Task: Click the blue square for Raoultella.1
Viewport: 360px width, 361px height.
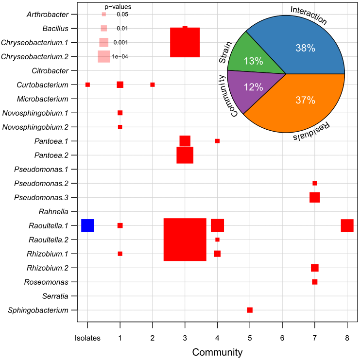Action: tap(87, 225)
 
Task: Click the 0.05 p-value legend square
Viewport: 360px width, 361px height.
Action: tap(103, 15)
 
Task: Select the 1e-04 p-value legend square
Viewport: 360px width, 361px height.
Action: tap(103, 56)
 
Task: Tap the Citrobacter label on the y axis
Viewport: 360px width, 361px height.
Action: tap(50, 70)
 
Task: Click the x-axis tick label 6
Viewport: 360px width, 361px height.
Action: tap(282, 337)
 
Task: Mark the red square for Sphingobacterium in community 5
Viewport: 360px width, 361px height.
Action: tap(250, 310)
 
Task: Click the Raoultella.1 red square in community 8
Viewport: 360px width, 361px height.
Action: tap(347, 225)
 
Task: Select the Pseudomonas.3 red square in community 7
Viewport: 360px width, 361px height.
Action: tap(315, 197)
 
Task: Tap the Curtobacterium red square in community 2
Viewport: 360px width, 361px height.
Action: tap(153, 85)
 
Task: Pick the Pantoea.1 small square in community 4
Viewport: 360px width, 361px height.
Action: tap(217, 141)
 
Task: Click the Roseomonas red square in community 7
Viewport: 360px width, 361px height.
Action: tap(315, 282)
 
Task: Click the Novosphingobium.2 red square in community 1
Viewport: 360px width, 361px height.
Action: tap(120, 127)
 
